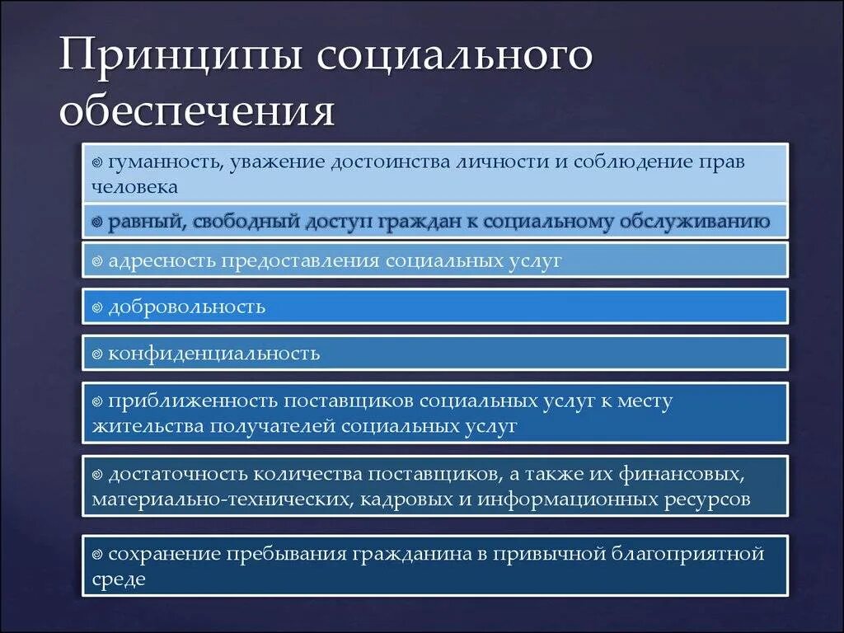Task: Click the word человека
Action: [135, 187]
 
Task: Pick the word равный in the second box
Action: [141, 222]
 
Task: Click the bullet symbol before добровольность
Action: [97, 307]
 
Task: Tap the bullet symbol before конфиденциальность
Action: [97, 354]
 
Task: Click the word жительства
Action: [148, 426]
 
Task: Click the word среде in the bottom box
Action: [119, 579]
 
